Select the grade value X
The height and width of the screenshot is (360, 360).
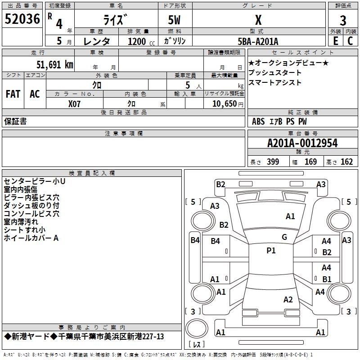click(258, 20)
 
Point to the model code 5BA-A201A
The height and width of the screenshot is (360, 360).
click(258, 41)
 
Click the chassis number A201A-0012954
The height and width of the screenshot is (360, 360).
click(302, 143)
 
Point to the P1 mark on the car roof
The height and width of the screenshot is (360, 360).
click(271, 251)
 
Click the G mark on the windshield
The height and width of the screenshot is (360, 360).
click(284, 237)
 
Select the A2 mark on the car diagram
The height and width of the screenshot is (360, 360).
click(288, 300)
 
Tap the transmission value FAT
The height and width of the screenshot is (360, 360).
click(13, 94)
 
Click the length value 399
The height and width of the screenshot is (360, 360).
click(273, 162)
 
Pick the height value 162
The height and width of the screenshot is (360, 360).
click(346, 162)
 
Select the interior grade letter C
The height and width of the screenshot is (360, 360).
click(350, 41)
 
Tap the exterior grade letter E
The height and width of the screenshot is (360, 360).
click(335, 41)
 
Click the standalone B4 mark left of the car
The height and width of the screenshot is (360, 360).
click(194, 240)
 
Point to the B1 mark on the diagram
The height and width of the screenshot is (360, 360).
click(327, 279)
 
